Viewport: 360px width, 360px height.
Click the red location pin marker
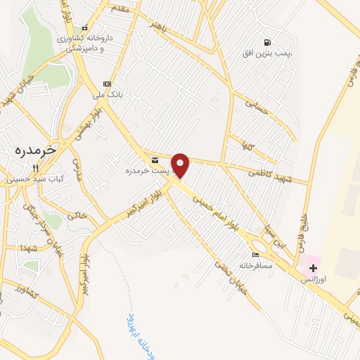pyautogui.click(x=181, y=165)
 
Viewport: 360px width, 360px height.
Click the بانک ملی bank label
pyautogui.click(x=109, y=94)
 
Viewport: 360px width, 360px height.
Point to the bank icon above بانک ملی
pyautogui.click(x=106, y=83)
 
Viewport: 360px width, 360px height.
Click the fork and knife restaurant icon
pyautogui.click(x=34, y=168)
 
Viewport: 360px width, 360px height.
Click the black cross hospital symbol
pyautogui.click(x=313, y=267)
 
